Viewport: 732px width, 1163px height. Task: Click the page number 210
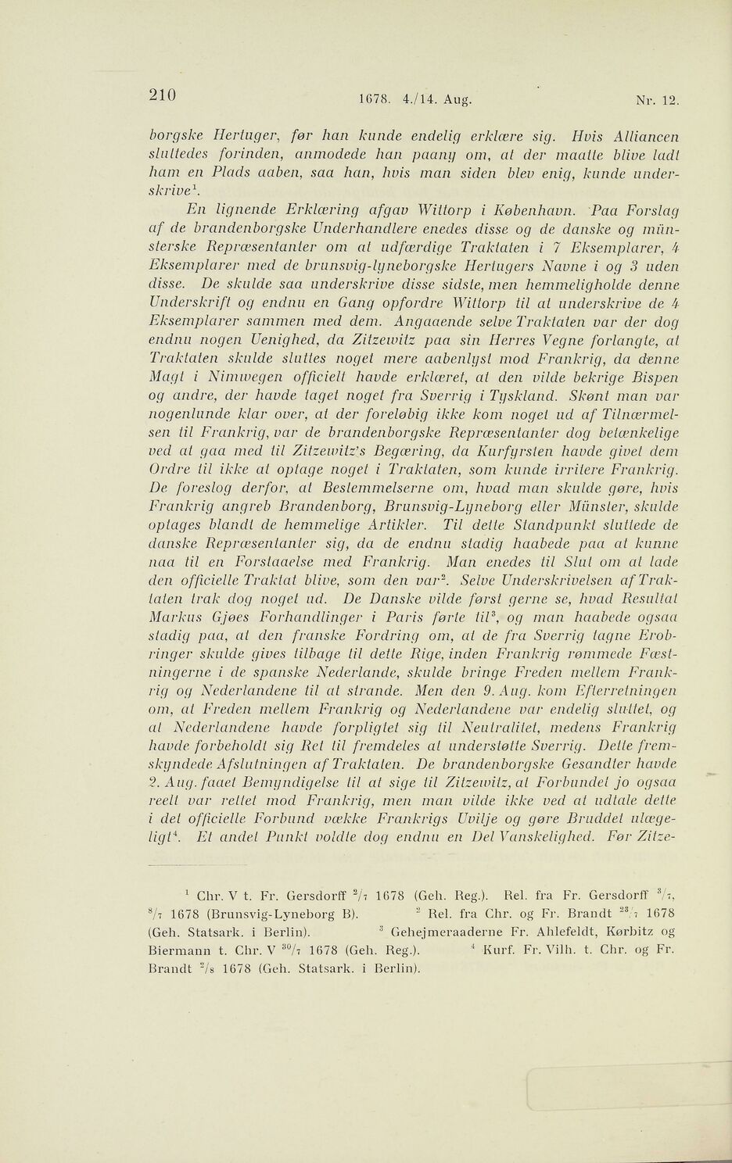(x=167, y=95)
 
